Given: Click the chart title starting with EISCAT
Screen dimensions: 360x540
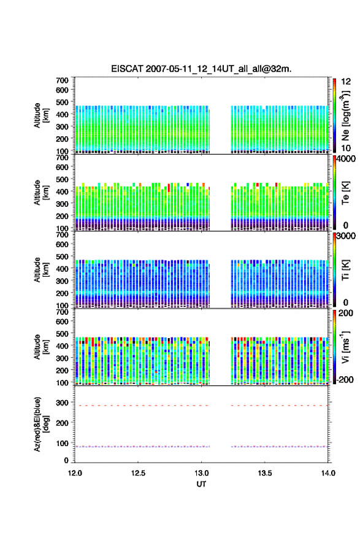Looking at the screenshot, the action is [x=201, y=69].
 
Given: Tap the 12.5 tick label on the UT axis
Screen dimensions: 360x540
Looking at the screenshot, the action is [x=138, y=473].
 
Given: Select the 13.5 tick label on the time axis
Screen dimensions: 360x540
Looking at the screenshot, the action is [x=265, y=473].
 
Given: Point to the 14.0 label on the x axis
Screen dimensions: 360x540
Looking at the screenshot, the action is [x=328, y=473].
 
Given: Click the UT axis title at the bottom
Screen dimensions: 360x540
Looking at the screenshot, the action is [x=201, y=484].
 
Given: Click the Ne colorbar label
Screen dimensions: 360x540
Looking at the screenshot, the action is [x=345, y=115].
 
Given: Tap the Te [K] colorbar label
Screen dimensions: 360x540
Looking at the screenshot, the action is [x=345, y=193].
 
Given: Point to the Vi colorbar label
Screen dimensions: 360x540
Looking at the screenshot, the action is [x=345, y=347].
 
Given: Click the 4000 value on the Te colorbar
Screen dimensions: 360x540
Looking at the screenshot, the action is [x=346, y=159].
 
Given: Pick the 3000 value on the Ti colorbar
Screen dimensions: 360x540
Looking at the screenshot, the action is [x=346, y=236].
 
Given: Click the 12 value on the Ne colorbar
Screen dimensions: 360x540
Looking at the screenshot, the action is [x=346, y=82].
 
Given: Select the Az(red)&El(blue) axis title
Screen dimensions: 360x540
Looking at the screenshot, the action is [x=41, y=424].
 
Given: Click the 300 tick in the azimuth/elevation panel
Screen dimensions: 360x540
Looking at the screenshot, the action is [x=62, y=403].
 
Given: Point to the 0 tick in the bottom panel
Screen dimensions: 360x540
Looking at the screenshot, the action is [x=66, y=460].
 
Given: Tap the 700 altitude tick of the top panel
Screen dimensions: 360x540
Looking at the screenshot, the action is [x=62, y=80].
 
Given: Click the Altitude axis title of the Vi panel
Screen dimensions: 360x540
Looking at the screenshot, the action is [x=41, y=347].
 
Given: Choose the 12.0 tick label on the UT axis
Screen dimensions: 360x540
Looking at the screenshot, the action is [x=75, y=473].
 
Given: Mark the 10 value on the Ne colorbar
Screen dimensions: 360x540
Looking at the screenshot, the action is [x=346, y=148].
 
